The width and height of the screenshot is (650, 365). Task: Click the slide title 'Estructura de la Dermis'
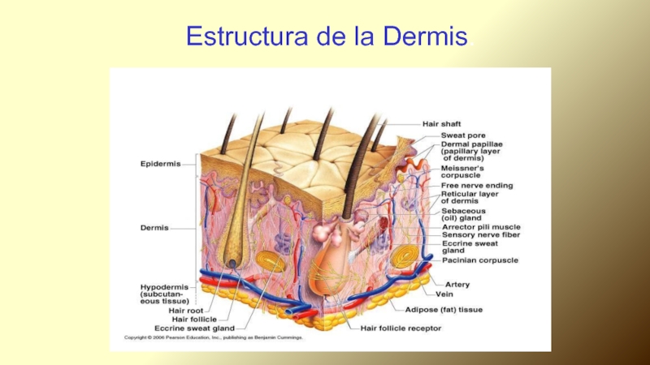(326, 36)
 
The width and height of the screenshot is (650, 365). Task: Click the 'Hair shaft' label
(441, 124)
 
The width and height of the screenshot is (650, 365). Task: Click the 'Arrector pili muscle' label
(481, 226)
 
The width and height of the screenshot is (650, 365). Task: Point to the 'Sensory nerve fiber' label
(480, 235)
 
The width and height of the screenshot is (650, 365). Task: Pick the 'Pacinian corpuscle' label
(480, 260)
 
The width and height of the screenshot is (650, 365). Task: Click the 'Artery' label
(457, 285)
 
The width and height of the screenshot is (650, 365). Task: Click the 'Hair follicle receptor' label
(401, 328)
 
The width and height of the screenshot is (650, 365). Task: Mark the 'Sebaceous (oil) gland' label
(461, 213)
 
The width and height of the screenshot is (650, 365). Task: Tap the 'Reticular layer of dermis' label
(470, 198)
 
